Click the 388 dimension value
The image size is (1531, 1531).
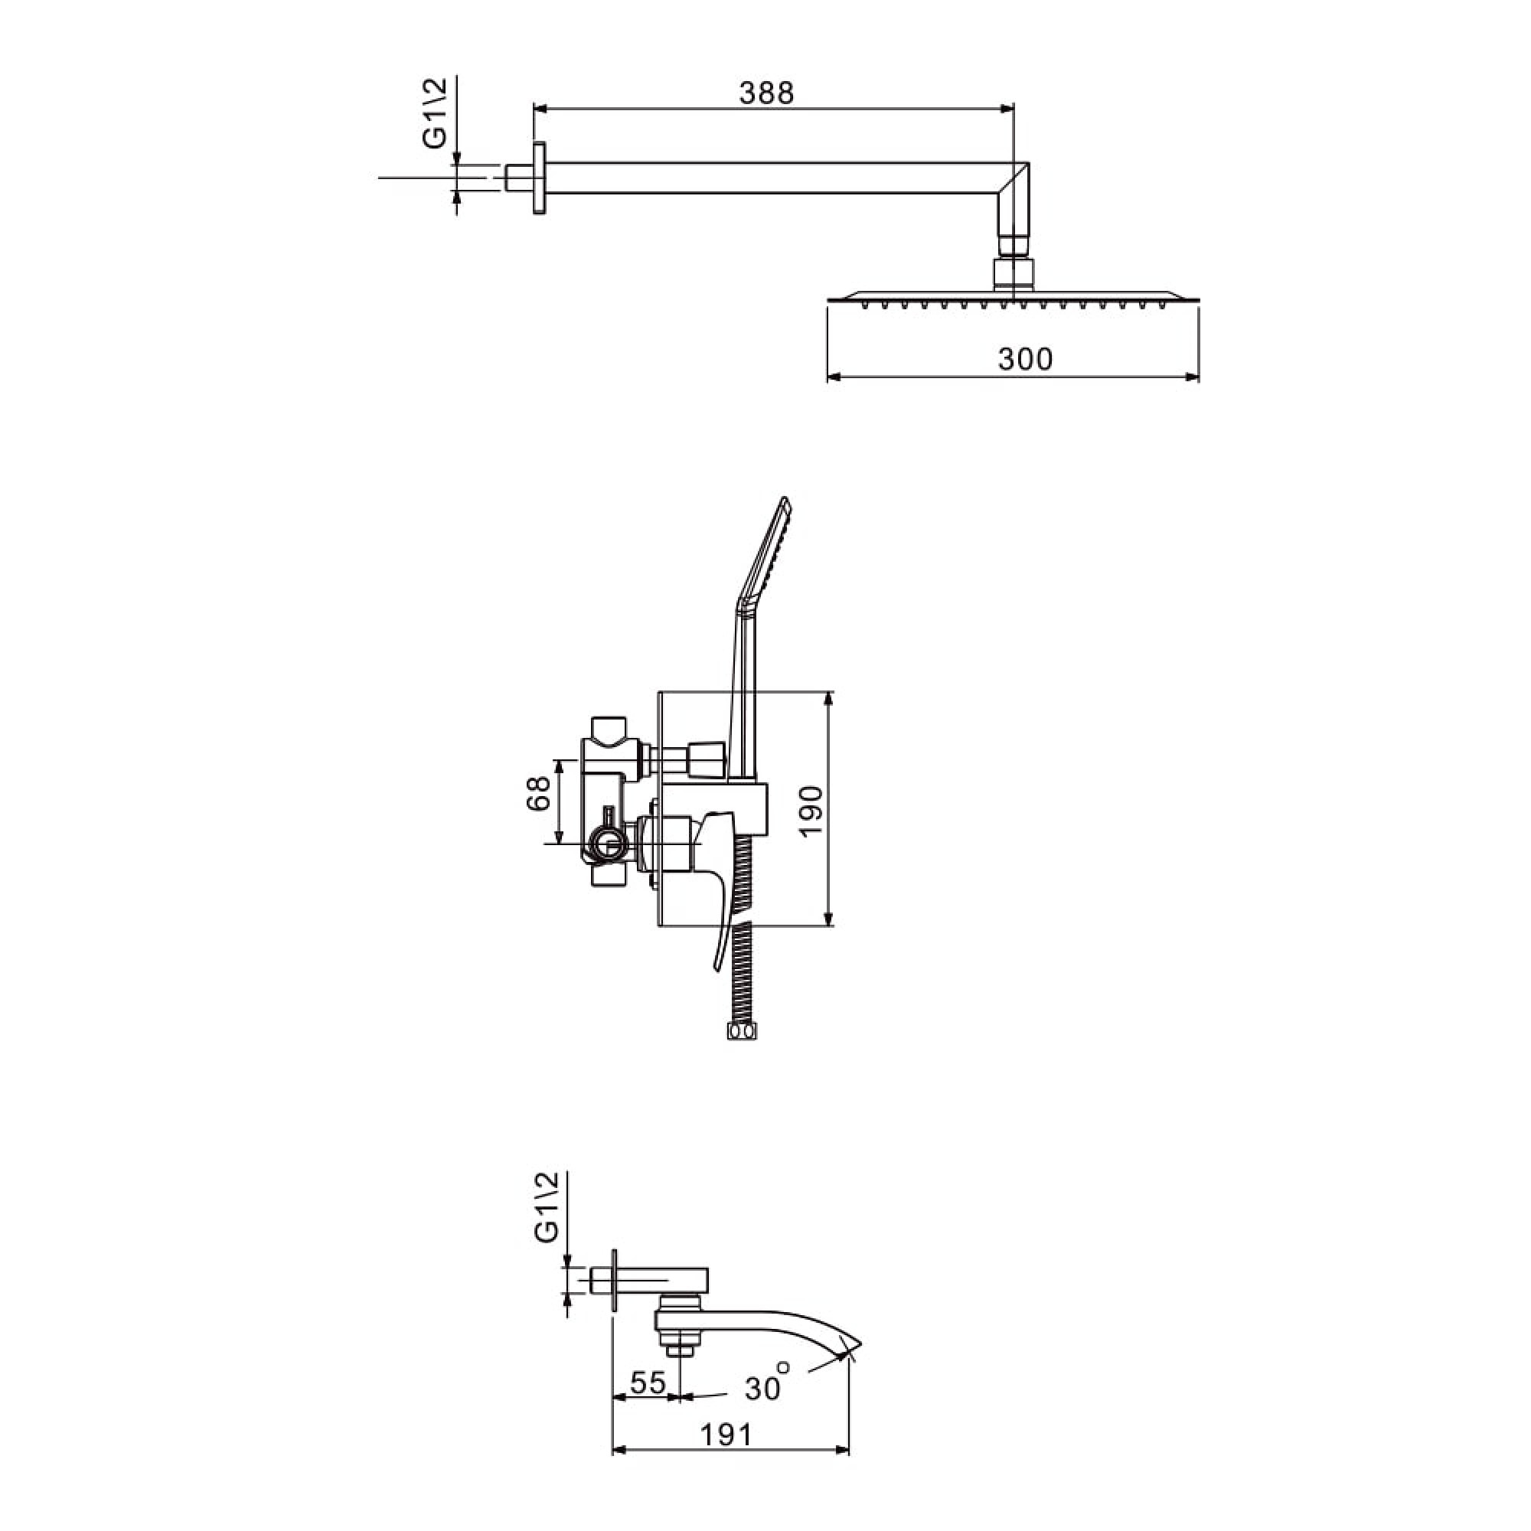(766, 93)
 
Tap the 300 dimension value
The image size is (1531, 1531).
(1026, 359)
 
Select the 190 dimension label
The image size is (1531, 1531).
(812, 812)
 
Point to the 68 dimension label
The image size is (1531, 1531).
(538, 792)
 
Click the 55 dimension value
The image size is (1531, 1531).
(648, 1382)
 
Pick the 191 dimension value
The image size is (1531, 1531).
(726, 1435)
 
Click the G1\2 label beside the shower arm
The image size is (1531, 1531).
(434, 113)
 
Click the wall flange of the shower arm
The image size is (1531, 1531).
(540, 179)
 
